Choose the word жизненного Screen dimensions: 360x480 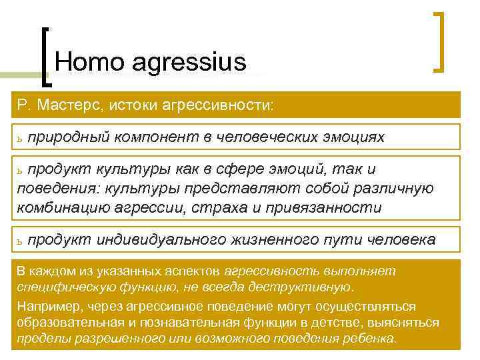click(280, 239)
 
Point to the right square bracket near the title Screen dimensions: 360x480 click(440, 41)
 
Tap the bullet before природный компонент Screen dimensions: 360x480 click(21, 138)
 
